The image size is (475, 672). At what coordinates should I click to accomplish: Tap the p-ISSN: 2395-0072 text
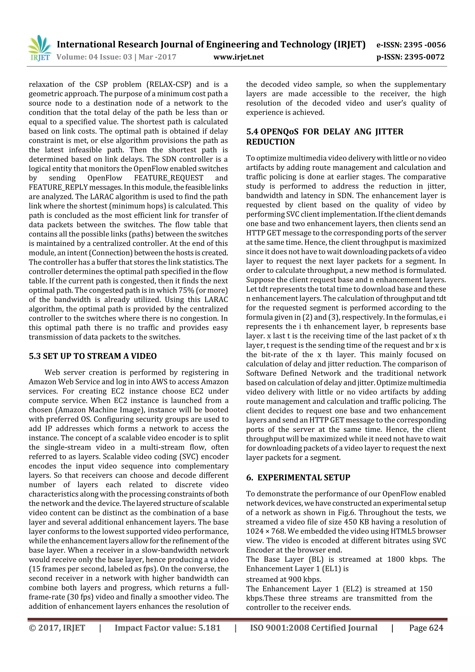tap(410, 57)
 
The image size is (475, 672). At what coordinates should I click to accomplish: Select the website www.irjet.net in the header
tap(238, 57)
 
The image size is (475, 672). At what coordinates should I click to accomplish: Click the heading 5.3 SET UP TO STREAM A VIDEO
tap(93, 356)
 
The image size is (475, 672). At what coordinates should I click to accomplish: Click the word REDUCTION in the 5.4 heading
tap(270, 142)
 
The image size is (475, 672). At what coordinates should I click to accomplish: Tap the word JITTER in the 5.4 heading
tap(389, 132)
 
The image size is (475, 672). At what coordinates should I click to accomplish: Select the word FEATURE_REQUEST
tap(169, 178)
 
